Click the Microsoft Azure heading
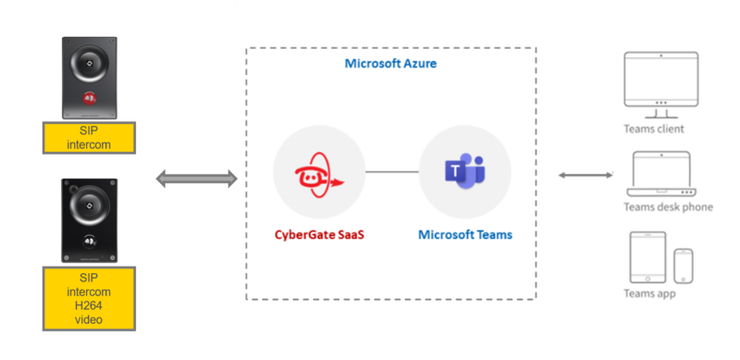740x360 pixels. tap(390, 64)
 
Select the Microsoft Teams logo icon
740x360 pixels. tap(464, 172)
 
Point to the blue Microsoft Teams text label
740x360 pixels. tap(464, 235)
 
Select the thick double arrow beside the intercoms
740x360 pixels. tap(195, 178)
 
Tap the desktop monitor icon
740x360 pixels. tap(660, 81)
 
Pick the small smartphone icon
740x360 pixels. tap(684, 266)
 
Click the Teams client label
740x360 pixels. tap(654, 129)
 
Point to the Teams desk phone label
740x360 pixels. tap(668, 207)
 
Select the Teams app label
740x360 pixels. tap(648, 294)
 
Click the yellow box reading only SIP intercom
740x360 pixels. tap(89, 138)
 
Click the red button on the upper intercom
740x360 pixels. tap(89, 96)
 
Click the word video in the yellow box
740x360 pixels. tap(89, 320)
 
